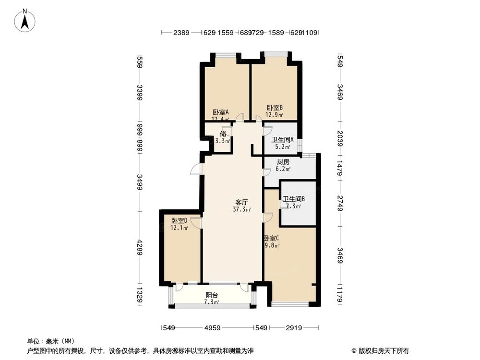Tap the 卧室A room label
tap(221, 112)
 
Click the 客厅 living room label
tap(241, 202)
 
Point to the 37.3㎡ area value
tap(241, 209)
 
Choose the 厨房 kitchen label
tap(283, 162)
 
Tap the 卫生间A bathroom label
tap(283, 140)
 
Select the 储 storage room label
tap(223, 134)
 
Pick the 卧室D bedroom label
tap(179, 220)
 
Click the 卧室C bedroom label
tap(271, 238)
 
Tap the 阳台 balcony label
tap(212, 295)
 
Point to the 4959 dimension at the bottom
tap(212, 328)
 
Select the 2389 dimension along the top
tap(181, 33)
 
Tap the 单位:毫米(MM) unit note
tap(47, 340)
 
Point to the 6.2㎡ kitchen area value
tap(283, 169)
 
